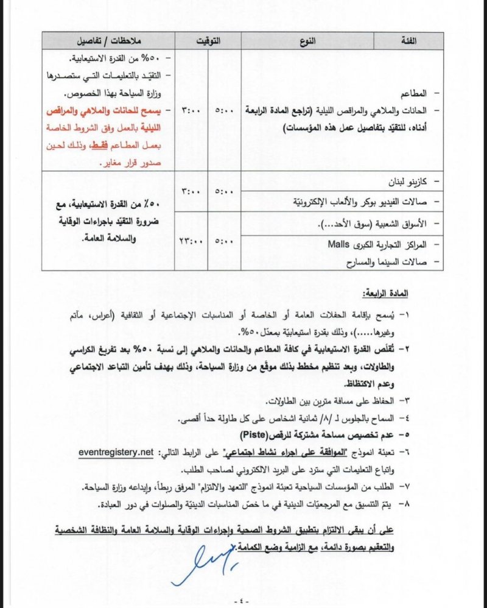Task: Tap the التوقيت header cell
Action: [208, 41]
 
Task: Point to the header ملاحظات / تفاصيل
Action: [108, 41]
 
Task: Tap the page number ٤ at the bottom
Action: [243, 599]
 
